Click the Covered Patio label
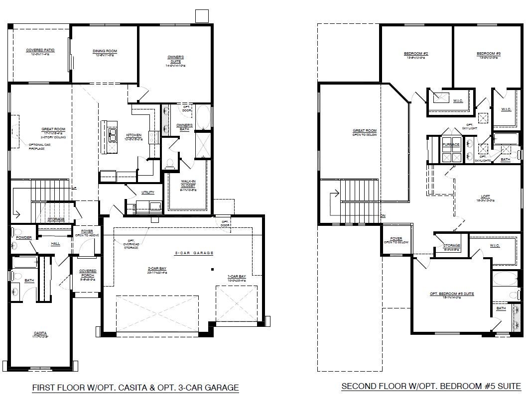[x=40, y=51]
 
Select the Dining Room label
[x=105, y=51]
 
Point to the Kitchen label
[x=133, y=135]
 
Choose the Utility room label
[x=148, y=192]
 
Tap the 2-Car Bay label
[x=156, y=269]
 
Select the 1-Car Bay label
[x=236, y=276]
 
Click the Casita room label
[x=40, y=334]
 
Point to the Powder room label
[x=24, y=238]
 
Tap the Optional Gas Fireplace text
[x=40, y=146]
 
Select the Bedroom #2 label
[x=416, y=54]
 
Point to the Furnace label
[x=451, y=144]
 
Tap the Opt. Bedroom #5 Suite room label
[x=452, y=294]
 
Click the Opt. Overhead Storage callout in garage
[x=132, y=244]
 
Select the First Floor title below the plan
[x=135, y=387]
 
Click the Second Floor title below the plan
[x=431, y=386]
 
